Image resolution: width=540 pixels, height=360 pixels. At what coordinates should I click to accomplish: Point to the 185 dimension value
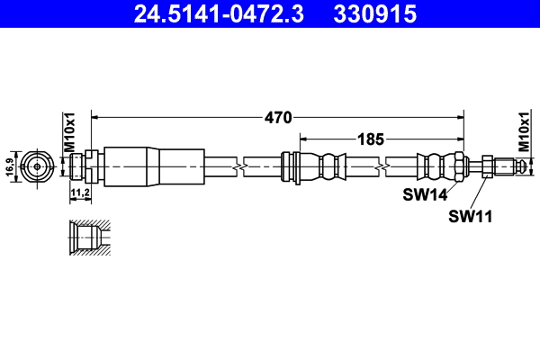point(371,139)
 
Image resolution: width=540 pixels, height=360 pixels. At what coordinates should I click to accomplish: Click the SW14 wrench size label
point(422,194)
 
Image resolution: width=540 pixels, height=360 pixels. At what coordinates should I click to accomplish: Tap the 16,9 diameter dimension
point(10,166)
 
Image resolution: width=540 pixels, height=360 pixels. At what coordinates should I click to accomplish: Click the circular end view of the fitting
point(35,166)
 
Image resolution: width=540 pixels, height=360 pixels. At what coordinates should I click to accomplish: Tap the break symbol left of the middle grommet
point(238,166)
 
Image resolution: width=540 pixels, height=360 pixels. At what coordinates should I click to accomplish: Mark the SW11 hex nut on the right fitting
point(485,166)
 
